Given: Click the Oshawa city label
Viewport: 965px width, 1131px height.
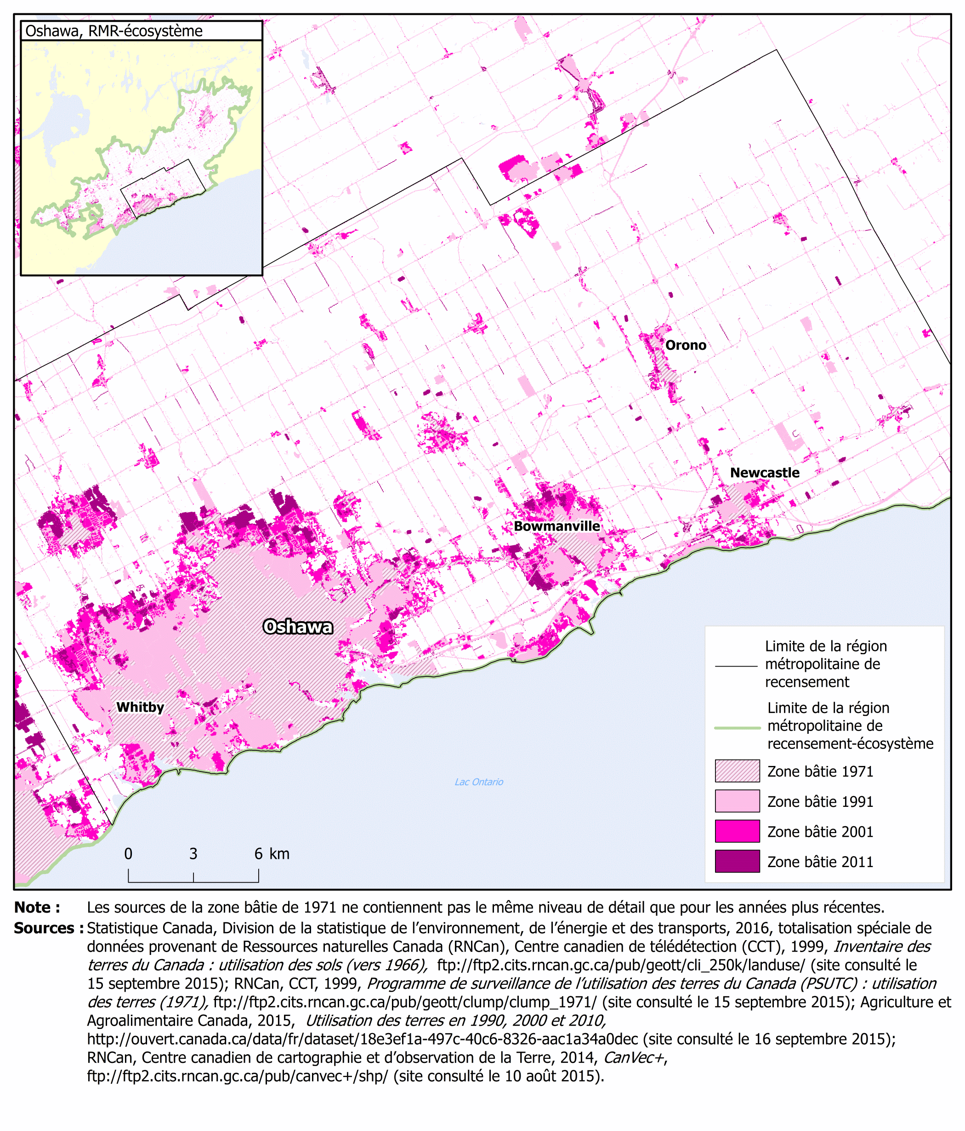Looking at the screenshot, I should [298, 627].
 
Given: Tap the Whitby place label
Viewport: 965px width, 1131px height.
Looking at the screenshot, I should [140, 707].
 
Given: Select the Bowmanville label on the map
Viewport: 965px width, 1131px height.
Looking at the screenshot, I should [556, 526].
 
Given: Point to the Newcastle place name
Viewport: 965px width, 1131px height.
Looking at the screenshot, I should [765, 473].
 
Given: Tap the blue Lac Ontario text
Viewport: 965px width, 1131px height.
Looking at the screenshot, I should [479, 782].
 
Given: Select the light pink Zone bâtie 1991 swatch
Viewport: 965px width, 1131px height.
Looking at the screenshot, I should [737, 801].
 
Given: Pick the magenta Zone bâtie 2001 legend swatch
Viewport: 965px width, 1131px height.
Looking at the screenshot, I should [737, 831].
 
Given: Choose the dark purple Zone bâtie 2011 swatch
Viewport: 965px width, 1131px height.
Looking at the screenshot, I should [737, 861].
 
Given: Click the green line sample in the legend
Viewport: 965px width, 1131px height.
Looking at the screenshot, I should [737, 728].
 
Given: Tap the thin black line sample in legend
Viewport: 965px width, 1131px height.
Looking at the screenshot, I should [736, 666].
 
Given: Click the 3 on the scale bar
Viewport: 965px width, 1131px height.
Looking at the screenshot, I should [193, 854].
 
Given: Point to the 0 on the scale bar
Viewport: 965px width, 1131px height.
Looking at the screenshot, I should [128, 854].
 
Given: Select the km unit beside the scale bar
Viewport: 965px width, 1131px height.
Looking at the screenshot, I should [280, 854].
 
